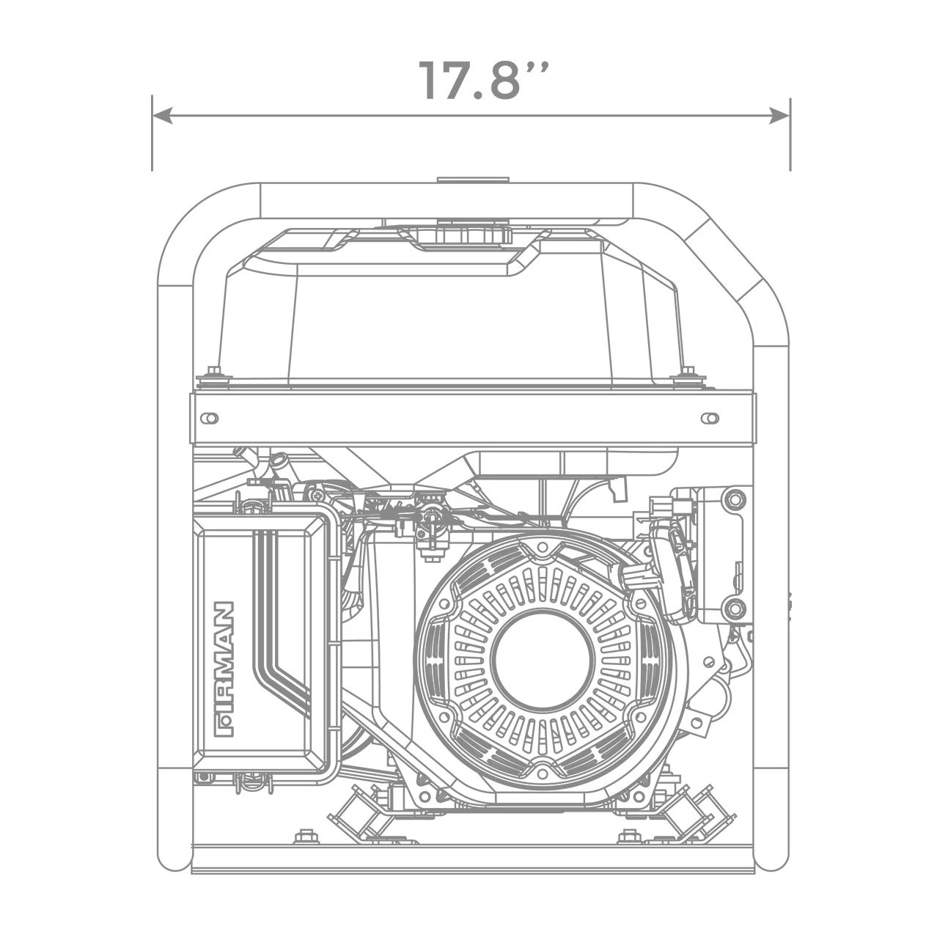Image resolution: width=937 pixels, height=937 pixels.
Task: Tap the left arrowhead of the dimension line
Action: click(x=162, y=115)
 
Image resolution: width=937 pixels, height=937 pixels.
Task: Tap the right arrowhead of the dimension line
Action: click(x=779, y=115)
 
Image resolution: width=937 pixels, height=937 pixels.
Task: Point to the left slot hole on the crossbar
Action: click(x=210, y=418)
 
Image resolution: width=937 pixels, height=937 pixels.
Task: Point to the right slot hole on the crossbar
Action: click(x=709, y=418)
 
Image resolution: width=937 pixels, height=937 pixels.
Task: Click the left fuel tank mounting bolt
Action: click(x=214, y=375)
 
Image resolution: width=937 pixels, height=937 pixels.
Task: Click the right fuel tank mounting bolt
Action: click(x=687, y=375)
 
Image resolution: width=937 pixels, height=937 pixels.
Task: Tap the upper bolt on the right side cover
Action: click(x=733, y=501)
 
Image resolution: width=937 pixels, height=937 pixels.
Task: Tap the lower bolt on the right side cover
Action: click(x=733, y=608)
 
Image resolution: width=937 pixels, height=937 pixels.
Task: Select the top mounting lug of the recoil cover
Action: click(x=542, y=547)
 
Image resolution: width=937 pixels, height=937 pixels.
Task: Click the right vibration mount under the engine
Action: click(x=693, y=810)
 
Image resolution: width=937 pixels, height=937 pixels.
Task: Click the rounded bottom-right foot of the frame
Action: click(x=771, y=858)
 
